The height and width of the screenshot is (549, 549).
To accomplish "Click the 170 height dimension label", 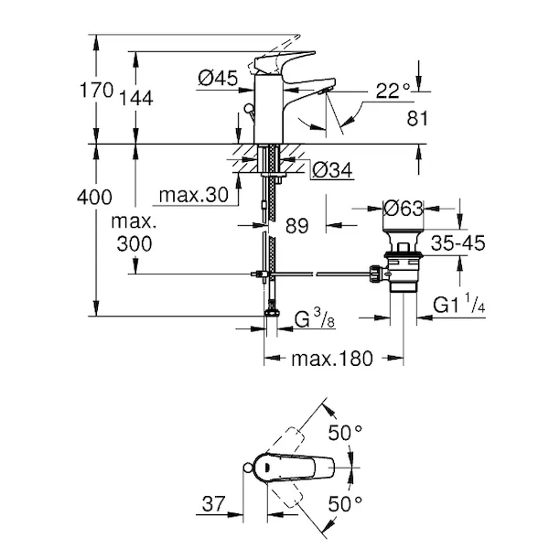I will point(96,90).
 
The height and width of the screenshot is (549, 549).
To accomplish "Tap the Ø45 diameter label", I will point(218,80).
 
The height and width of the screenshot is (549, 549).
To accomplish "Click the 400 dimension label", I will point(94,197).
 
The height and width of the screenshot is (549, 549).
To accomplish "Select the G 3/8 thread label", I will point(314,319).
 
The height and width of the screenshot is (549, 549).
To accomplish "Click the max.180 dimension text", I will point(332,359).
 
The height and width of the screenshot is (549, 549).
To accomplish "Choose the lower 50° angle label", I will point(346,503).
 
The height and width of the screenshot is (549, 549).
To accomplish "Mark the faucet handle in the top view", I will point(293,467).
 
